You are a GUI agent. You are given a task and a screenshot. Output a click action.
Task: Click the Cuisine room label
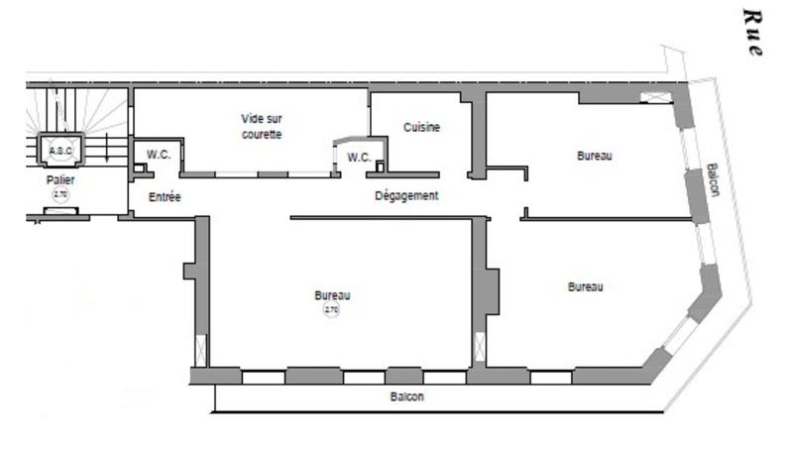(x=421, y=127)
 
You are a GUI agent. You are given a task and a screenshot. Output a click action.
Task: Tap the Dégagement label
(x=405, y=195)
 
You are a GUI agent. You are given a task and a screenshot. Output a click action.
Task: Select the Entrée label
(x=165, y=197)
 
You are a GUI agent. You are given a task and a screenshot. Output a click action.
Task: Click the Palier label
(x=60, y=180)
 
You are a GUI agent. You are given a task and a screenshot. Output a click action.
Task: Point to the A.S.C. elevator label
(x=60, y=152)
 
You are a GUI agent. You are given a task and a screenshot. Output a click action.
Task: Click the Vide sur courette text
(x=262, y=126)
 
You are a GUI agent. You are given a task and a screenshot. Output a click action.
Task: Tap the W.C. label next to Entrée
(x=159, y=154)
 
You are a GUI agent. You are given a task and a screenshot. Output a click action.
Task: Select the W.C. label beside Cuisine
(x=359, y=158)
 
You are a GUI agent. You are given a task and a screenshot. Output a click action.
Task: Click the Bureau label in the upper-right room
(x=595, y=156)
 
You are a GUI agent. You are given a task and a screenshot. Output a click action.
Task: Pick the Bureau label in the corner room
(x=585, y=286)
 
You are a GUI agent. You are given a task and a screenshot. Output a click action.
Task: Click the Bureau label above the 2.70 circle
(x=332, y=295)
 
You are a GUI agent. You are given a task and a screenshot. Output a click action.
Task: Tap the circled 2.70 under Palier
(x=60, y=194)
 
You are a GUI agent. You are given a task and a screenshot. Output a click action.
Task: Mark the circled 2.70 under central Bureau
(x=332, y=309)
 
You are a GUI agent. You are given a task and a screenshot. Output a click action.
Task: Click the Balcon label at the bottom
(x=406, y=396)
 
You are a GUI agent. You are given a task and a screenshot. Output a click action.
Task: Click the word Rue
(x=755, y=33)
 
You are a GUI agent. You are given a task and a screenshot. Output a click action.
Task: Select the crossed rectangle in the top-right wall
(x=655, y=97)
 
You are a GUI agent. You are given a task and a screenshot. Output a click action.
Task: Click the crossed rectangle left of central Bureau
(x=202, y=349)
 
